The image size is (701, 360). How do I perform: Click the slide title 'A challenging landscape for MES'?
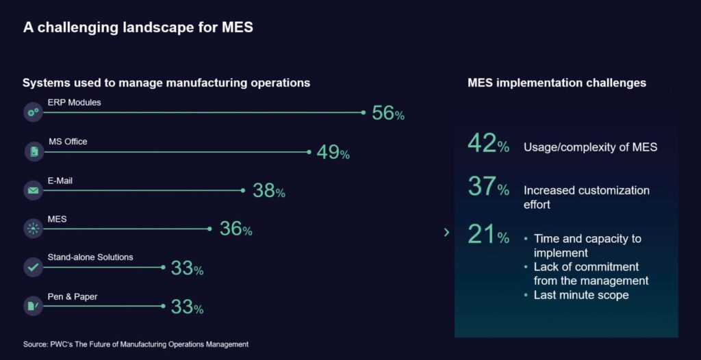pyautogui.click(x=138, y=27)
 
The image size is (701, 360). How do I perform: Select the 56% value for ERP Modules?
pyautogui.click(x=387, y=113)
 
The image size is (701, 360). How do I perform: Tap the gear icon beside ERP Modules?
pyautogui.click(x=33, y=112)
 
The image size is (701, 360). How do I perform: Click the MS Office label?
pyautogui.click(x=68, y=142)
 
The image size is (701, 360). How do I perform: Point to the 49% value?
pyautogui.click(x=333, y=152)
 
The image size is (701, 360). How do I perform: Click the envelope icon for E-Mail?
pyautogui.click(x=33, y=190)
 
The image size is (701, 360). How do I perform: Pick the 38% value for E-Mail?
pyautogui.click(x=268, y=190)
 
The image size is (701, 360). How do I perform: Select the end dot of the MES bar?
pyautogui.click(x=209, y=229)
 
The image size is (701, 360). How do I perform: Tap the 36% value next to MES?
pyautogui.click(x=235, y=229)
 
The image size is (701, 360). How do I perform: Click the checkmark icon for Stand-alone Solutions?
pyautogui.click(x=33, y=267)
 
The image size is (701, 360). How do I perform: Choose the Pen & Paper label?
pyautogui.click(x=71, y=296)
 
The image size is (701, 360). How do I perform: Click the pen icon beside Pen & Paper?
pyautogui.click(x=33, y=305)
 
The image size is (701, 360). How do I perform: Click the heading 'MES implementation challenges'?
pyautogui.click(x=557, y=83)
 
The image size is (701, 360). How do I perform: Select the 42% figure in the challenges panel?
pyautogui.click(x=488, y=144)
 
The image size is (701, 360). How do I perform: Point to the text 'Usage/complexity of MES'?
pyautogui.click(x=590, y=147)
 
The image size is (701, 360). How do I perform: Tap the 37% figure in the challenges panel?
pyautogui.click(x=488, y=186)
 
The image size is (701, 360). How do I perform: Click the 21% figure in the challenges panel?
pyautogui.click(x=488, y=235)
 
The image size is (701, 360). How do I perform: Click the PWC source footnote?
pyautogui.click(x=136, y=344)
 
